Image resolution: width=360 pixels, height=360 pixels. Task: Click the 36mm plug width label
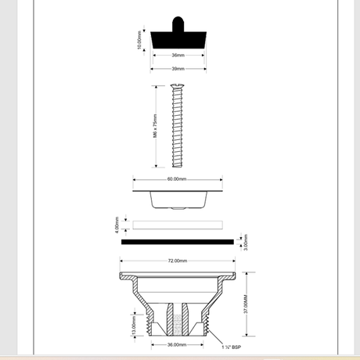click(178, 56)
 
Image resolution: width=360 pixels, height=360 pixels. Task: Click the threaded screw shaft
click(178, 129)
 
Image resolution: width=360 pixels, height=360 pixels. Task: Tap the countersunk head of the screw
click(178, 87)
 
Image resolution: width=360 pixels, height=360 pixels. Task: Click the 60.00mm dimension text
click(177, 179)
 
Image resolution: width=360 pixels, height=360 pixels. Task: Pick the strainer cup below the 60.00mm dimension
click(178, 199)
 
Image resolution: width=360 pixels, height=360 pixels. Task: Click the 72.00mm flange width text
click(177, 261)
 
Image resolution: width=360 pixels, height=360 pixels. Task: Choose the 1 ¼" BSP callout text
click(232, 347)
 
